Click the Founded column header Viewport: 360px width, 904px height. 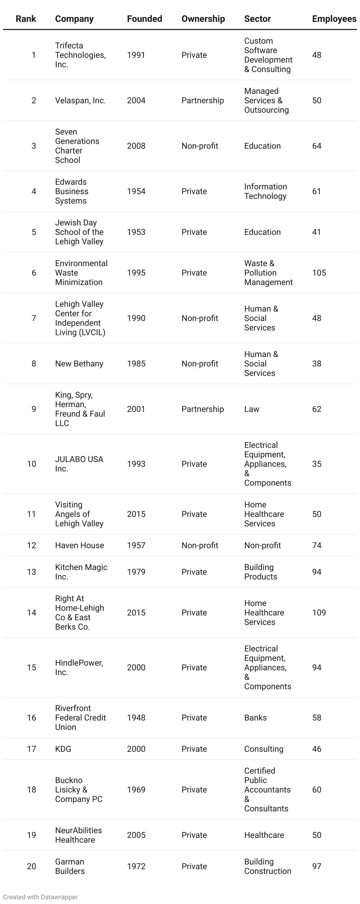coord(144,19)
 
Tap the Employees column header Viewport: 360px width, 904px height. coord(334,19)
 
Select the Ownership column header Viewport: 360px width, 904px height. coord(203,19)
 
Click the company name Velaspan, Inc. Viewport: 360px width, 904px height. coord(80,100)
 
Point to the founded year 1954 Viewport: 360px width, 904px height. coord(136,191)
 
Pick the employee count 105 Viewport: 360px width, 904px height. coord(319,273)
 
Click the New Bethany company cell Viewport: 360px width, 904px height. coord(79,363)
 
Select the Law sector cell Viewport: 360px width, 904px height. coord(252,409)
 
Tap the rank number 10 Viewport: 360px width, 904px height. coord(32,464)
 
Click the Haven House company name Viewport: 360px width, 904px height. coord(79,545)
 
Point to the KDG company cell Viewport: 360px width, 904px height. coord(63,749)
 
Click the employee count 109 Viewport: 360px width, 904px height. coord(319,613)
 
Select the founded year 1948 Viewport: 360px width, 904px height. coord(136,718)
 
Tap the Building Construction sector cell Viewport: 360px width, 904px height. coord(267,866)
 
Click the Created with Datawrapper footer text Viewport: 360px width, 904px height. coord(40,897)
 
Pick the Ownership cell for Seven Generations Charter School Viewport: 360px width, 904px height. coord(200,146)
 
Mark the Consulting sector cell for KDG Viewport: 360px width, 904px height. coord(264,749)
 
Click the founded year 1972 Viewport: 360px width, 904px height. coord(136,866)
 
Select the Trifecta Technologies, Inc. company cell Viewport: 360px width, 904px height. coord(80,55)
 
